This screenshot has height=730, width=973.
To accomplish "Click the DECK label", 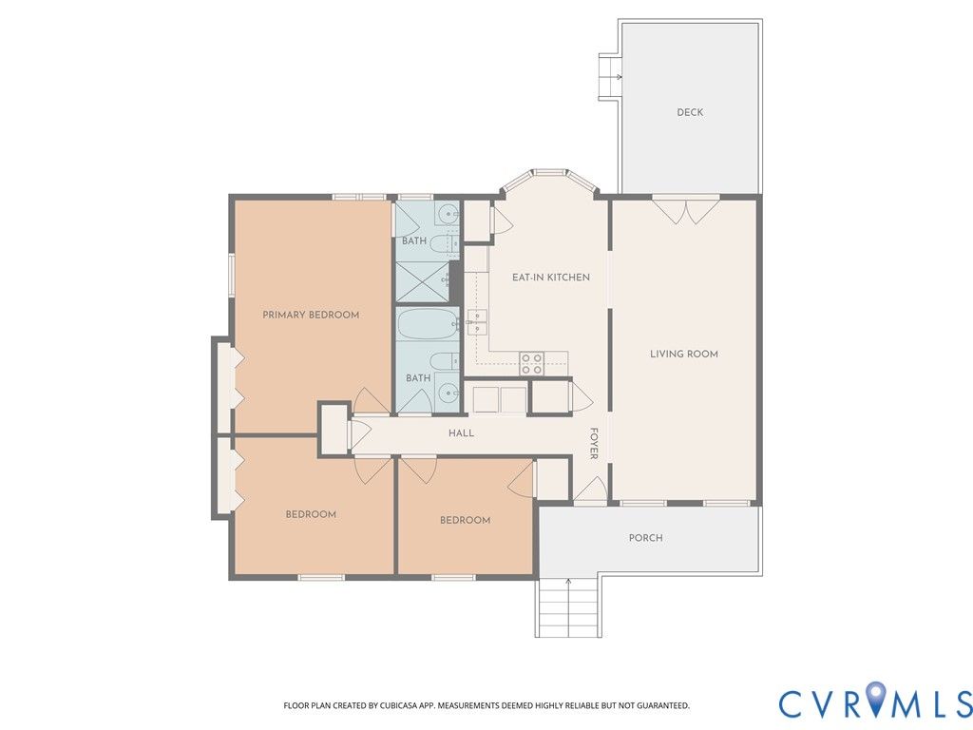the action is [690, 112].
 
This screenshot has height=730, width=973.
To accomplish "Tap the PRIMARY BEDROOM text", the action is [311, 315].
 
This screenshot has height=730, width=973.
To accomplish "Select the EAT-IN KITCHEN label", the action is [551, 278].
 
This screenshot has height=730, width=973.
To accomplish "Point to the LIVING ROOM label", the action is [684, 354].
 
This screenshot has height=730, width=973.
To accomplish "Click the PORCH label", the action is [645, 538].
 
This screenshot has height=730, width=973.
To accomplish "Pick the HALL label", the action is [461, 432].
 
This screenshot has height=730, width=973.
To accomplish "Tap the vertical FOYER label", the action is [594, 443].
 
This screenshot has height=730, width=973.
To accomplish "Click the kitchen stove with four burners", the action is [532, 364].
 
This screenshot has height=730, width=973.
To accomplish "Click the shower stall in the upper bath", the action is [423, 282].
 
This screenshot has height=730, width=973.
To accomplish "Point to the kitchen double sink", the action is [477, 321].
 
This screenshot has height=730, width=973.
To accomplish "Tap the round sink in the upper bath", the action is [447, 215].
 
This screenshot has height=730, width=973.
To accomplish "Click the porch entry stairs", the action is [568, 607].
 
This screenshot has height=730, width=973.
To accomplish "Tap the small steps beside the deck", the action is [610, 76].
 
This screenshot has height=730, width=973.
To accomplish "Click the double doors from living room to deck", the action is [686, 210].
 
